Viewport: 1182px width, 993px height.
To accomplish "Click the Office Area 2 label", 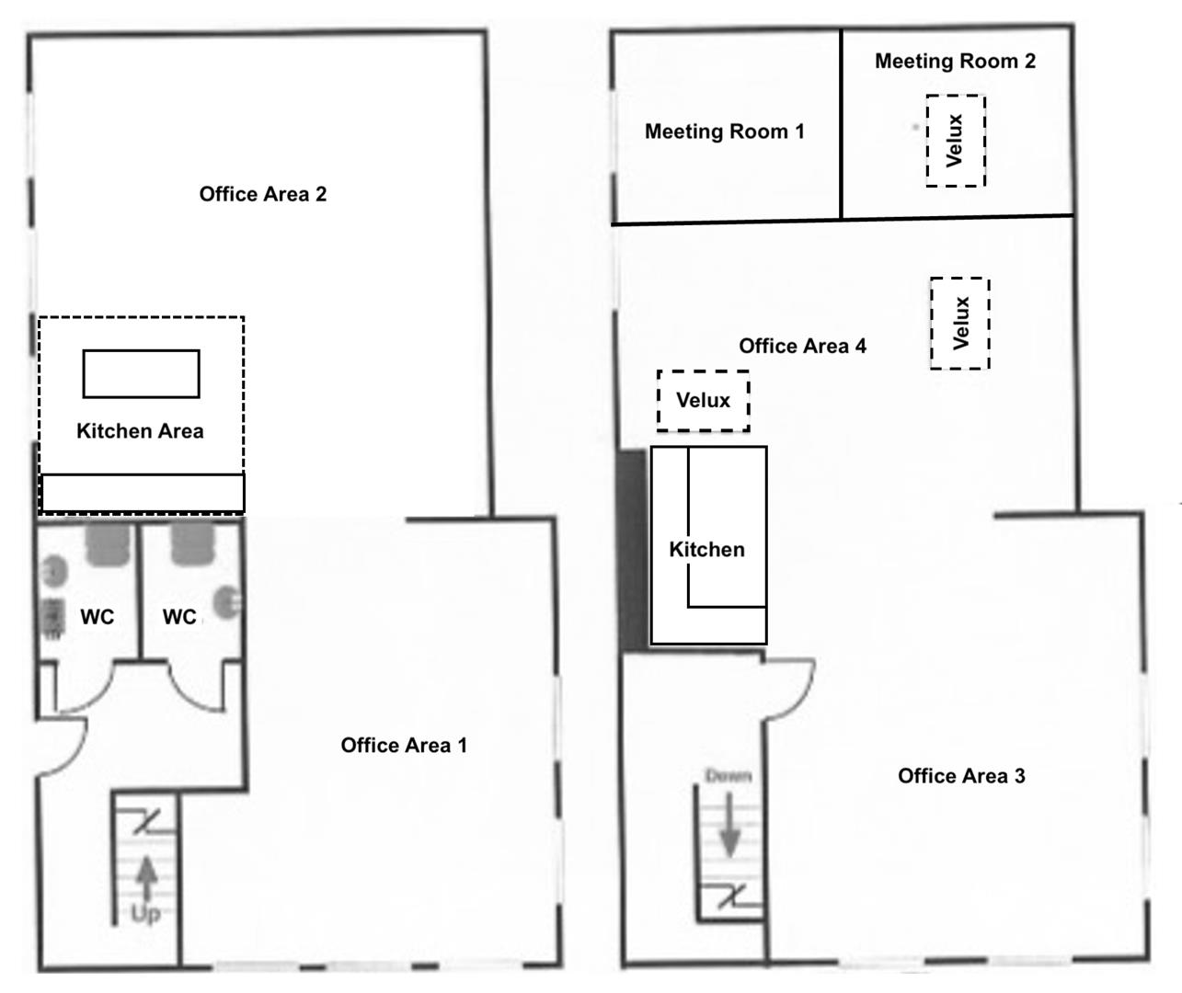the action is [x=263, y=194].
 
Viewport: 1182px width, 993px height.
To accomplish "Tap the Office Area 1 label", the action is [x=404, y=745].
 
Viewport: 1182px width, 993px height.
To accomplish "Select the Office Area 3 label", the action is [x=961, y=776].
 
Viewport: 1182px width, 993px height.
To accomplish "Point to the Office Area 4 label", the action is [x=803, y=346].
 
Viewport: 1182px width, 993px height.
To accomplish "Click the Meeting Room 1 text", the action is [x=725, y=131].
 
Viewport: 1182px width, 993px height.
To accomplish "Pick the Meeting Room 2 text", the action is [x=955, y=61].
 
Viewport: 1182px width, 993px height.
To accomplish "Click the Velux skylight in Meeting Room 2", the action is [x=956, y=141].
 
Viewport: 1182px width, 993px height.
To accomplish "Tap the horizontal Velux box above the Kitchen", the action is [x=703, y=401].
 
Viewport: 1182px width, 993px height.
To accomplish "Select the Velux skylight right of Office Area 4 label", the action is [x=960, y=323].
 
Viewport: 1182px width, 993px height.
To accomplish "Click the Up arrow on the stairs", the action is [x=147, y=878].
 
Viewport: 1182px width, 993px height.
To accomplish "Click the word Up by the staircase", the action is [x=145, y=914].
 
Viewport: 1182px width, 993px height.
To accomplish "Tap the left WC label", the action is [x=98, y=617].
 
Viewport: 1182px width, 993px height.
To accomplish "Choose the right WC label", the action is [x=179, y=617].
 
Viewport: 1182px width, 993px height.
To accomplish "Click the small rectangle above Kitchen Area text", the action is [x=141, y=374].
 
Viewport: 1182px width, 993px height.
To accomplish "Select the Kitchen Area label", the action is [x=140, y=431].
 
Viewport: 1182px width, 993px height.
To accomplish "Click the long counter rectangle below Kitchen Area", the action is [x=143, y=493].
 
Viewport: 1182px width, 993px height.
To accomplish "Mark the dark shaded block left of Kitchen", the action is [x=633, y=550].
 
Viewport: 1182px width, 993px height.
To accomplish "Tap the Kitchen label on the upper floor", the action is [x=706, y=550].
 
